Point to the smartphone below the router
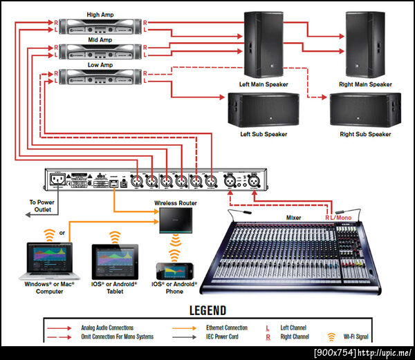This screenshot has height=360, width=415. click(x=174, y=269)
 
